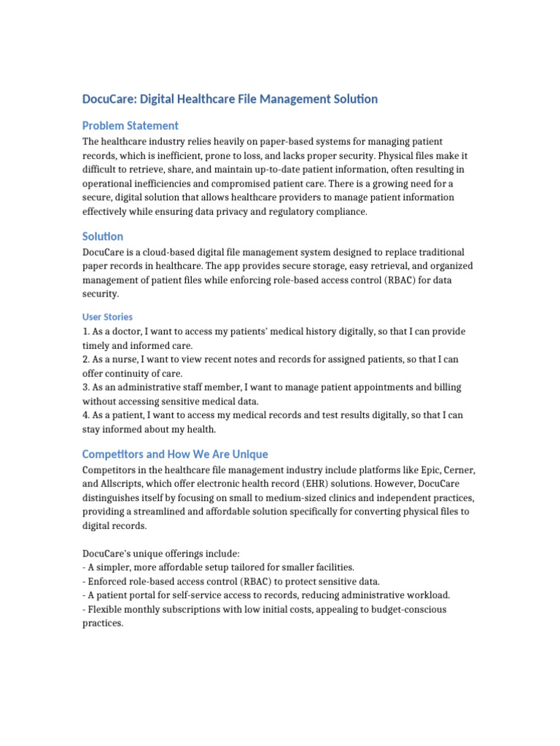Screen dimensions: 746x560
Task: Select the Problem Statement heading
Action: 130,125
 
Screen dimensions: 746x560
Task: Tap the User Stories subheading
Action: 107,317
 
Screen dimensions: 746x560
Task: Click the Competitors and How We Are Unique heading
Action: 175,454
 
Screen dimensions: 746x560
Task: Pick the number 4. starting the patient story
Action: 86,415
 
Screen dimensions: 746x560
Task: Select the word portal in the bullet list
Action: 143,595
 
